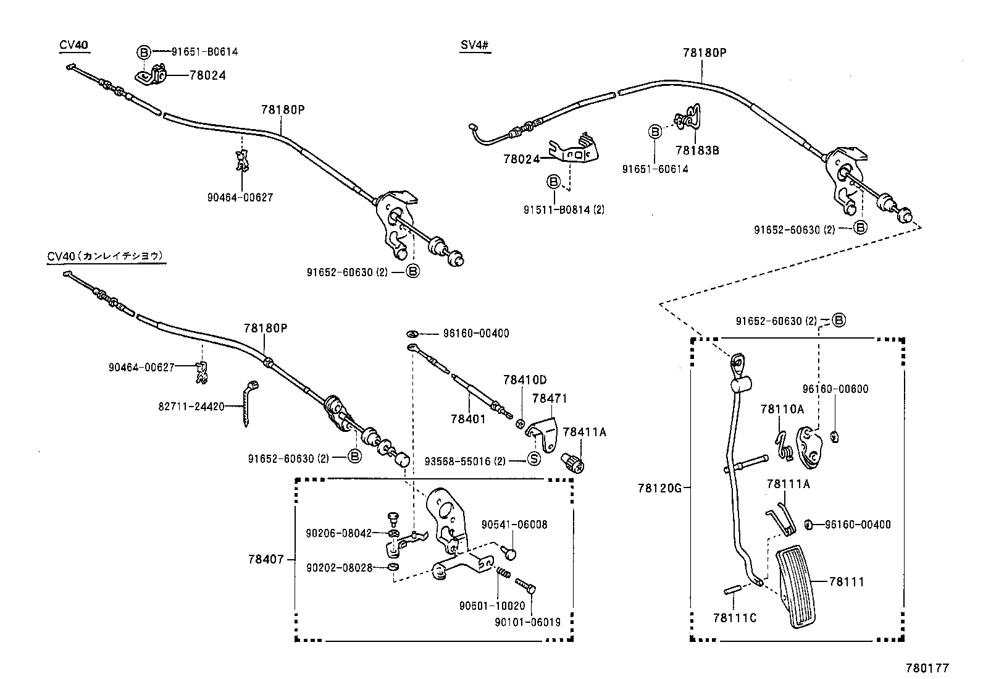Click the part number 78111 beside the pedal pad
(847, 581)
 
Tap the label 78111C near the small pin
(734, 617)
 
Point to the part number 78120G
(659, 488)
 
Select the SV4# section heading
(475, 45)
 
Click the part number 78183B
(697, 150)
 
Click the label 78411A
(584, 432)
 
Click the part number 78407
(266, 559)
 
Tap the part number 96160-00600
(835, 389)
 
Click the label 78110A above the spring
(782, 409)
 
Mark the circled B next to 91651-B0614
(143, 52)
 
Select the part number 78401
(468, 418)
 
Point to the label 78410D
(524, 380)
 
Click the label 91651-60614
(655, 169)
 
